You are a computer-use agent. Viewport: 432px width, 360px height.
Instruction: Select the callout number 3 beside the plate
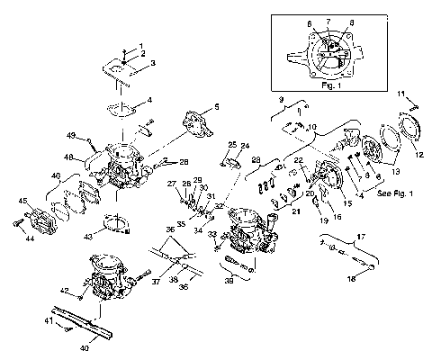click(152, 63)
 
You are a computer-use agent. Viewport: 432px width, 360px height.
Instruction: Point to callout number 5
click(217, 108)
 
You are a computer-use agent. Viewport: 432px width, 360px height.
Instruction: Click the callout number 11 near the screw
click(402, 93)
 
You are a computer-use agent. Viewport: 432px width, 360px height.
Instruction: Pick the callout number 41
click(49, 319)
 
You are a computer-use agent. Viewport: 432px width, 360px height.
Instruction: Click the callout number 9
click(282, 98)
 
